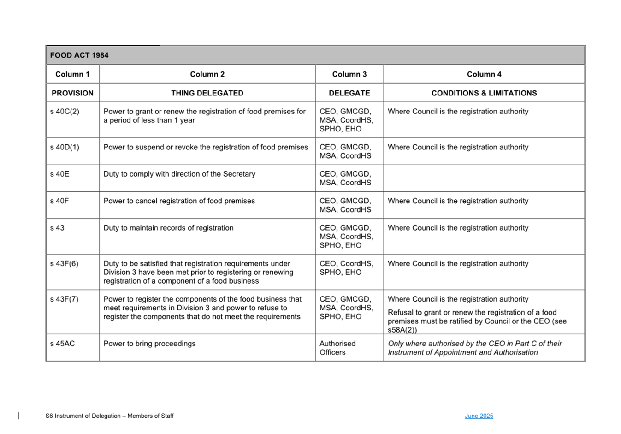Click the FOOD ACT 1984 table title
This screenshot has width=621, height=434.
coord(79,55)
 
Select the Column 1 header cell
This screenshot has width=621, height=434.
coord(72,74)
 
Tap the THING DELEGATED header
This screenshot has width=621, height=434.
coord(207,93)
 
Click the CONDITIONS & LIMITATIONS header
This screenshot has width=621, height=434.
coord(484,93)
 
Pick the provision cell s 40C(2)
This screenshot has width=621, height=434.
coord(65,112)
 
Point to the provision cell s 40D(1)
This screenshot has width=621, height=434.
coord(65,147)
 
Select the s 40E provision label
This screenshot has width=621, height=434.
coord(59,174)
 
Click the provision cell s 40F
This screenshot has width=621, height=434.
coord(59,201)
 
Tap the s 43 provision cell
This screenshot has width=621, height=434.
coord(57,228)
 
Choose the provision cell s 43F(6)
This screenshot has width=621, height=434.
coord(64,264)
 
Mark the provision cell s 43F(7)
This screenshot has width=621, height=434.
coord(64,299)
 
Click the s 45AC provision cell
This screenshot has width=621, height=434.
coord(62,344)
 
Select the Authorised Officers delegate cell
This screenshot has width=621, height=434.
coord(337,348)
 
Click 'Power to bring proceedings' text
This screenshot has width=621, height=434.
coord(149,344)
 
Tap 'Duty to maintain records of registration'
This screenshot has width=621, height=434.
coord(168,228)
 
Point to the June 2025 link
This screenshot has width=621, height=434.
coord(479,416)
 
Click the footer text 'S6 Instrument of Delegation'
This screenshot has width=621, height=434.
coord(109,416)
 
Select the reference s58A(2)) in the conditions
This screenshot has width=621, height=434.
coord(402,330)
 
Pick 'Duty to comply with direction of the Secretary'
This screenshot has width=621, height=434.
coord(179,174)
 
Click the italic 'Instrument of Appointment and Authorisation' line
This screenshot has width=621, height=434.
coord(462,352)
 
